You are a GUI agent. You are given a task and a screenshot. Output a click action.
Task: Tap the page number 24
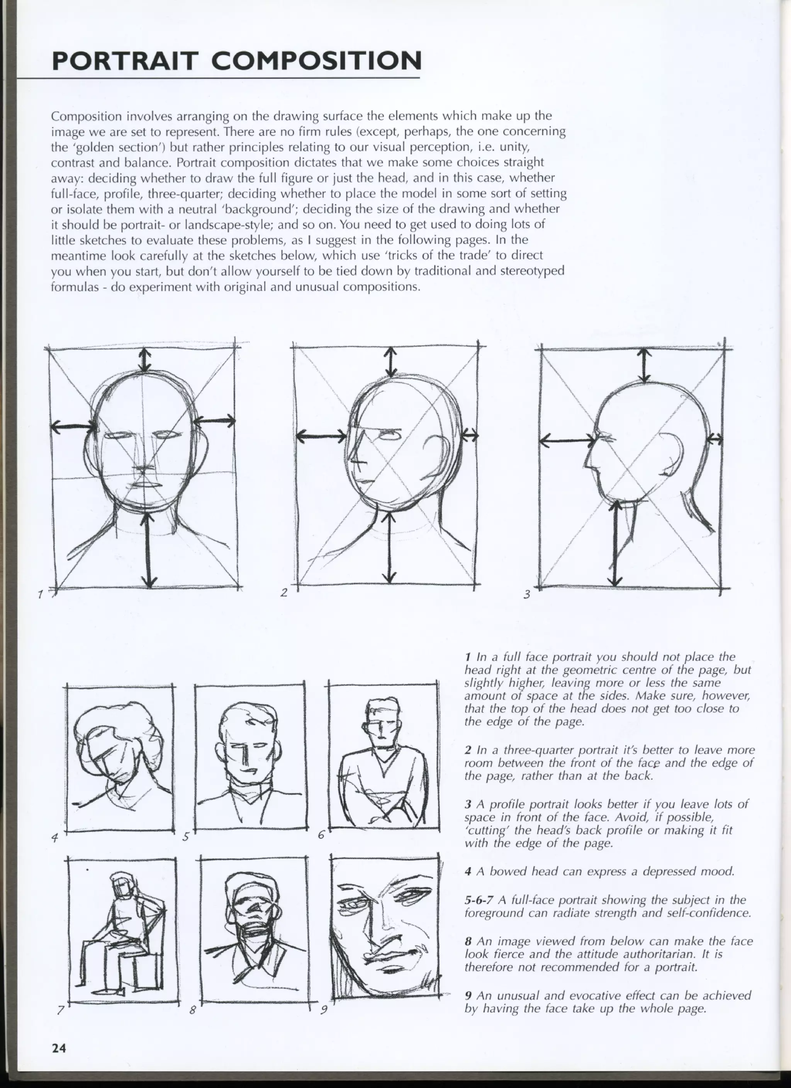point(59,1047)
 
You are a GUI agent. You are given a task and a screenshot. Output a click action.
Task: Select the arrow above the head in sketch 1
point(145,359)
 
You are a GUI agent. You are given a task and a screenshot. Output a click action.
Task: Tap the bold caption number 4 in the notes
point(468,871)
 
